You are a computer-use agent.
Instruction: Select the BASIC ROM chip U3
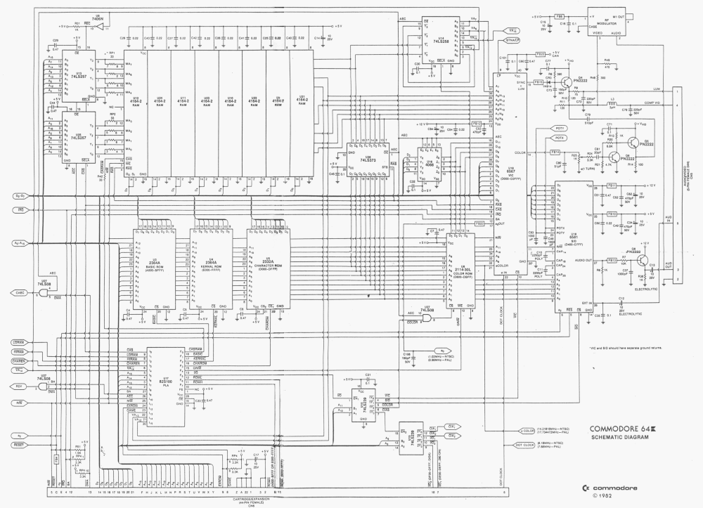[154, 267]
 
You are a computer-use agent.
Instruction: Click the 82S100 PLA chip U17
[166, 386]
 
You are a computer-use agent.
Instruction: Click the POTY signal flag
[560, 129]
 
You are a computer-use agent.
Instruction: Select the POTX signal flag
[560, 138]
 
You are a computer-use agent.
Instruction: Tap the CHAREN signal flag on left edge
[19, 360]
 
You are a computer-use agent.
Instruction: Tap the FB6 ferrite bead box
[559, 15]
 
